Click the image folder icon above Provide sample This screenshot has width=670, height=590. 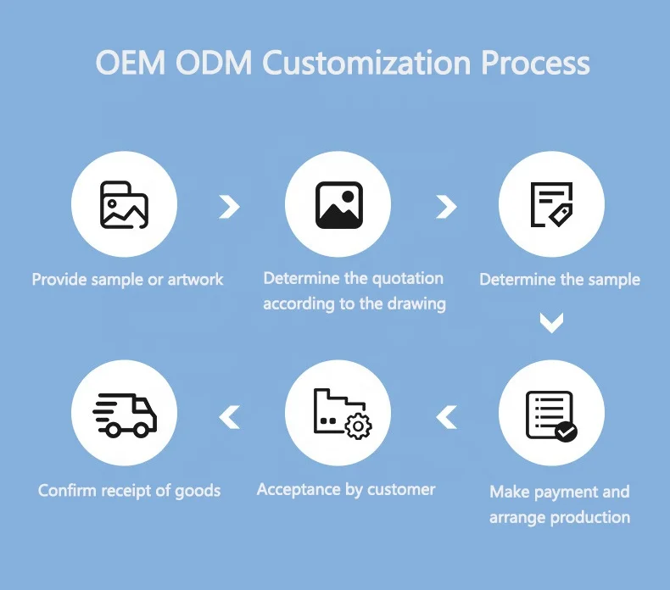(x=124, y=204)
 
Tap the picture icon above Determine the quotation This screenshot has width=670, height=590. (x=338, y=204)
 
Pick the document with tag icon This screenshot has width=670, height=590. (x=551, y=204)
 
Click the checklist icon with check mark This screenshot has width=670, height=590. (x=551, y=416)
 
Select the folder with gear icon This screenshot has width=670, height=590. (x=338, y=416)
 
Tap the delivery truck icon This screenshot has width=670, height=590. (x=124, y=416)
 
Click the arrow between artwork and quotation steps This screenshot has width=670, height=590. (x=229, y=206)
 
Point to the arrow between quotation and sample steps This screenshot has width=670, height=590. (x=446, y=206)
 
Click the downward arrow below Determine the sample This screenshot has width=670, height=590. (x=552, y=322)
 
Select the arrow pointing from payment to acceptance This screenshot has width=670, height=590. (x=446, y=416)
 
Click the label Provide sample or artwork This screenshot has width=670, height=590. (x=127, y=279)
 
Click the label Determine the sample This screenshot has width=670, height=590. (x=560, y=279)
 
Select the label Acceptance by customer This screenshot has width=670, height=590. (x=346, y=489)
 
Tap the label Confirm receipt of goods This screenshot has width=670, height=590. (x=129, y=490)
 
